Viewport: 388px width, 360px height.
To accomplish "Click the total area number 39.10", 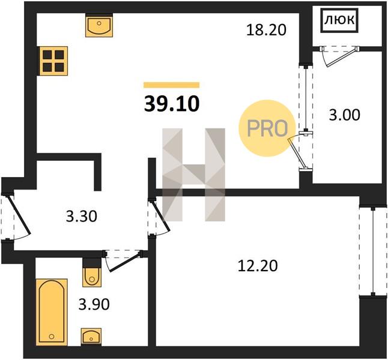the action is pyautogui.click(x=172, y=104).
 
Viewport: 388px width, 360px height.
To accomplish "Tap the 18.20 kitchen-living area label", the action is pyautogui.click(x=266, y=30).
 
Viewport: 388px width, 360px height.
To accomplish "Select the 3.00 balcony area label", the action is pyautogui.click(x=344, y=115).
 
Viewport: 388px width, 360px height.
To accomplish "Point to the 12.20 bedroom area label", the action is pyautogui.click(x=258, y=266).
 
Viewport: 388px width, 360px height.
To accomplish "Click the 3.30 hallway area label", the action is pyautogui.click(x=82, y=216).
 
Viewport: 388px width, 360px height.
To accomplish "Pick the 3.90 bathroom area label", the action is pyautogui.click(x=94, y=304).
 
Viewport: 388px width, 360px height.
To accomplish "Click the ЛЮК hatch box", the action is pyautogui.click(x=339, y=20).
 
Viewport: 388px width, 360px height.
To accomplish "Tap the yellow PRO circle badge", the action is pyautogui.click(x=267, y=128).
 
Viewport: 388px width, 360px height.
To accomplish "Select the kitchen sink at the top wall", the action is pyautogui.click(x=99, y=25).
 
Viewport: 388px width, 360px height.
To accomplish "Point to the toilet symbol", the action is pyautogui.click(x=92, y=277).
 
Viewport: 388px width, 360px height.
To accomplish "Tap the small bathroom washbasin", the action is pyautogui.click(x=91, y=336).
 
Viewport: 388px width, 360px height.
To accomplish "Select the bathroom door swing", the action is pyautogui.click(x=123, y=261).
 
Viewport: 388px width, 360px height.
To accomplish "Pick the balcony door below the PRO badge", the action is pyautogui.click(x=300, y=151).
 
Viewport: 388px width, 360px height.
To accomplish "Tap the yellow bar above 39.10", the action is pyautogui.click(x=172, y=85).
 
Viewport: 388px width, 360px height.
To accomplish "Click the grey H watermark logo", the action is pyautogui.click(x=193, y=175).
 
